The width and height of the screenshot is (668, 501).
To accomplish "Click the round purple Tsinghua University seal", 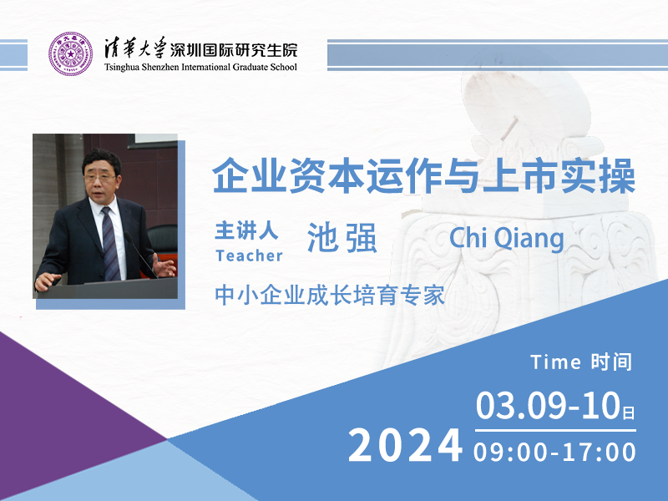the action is coord(71,53).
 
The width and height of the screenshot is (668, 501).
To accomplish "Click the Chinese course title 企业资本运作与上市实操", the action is coord(424,175).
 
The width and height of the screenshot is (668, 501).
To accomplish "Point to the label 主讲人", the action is coord(246,230).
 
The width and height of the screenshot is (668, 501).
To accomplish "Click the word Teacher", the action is coord(249,256).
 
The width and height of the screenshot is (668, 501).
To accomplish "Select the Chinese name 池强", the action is coord(342,238).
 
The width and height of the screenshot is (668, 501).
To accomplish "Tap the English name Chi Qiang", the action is coord(507,238).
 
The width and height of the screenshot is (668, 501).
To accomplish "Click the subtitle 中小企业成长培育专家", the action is coord(330,296).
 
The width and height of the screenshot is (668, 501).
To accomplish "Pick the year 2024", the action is coord(406,446).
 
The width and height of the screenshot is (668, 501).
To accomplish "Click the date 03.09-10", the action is coord(548,405).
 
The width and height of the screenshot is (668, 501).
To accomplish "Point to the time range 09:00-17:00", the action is coord(554,452).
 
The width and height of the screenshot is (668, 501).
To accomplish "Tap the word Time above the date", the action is coord(555,362).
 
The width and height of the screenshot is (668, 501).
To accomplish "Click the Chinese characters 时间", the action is coord(611,362).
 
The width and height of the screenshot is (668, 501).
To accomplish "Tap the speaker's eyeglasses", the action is coord(100,178).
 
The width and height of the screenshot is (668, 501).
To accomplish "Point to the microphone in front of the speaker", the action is coord(140,255).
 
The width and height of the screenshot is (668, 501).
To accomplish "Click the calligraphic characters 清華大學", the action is coord(135,48).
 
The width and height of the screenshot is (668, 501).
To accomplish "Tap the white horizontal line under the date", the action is coord(555,430).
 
